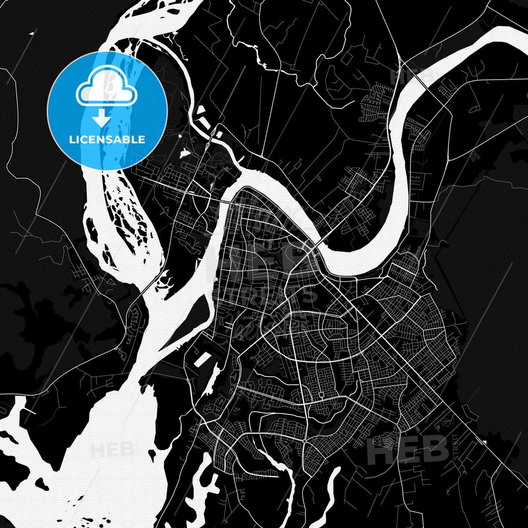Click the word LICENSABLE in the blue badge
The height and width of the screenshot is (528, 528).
point(107,140)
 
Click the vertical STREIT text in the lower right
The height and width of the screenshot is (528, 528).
point(456,446)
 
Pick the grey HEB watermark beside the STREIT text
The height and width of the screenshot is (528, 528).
point(408,450)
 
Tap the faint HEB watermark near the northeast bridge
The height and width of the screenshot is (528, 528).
point(411,76)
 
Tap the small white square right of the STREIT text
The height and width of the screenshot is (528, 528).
point(485,443)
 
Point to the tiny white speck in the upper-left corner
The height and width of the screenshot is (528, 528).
point(31,34)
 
